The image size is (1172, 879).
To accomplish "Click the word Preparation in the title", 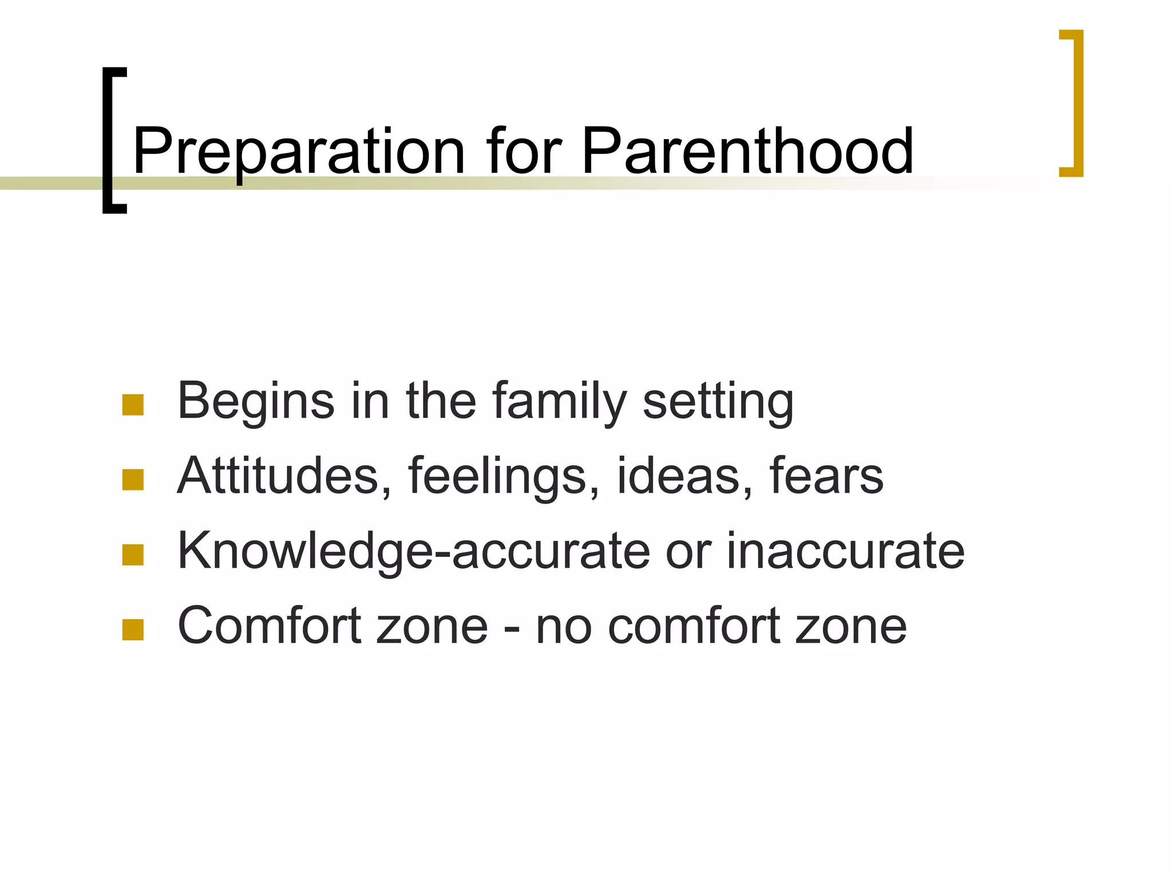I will (x=298, y=152).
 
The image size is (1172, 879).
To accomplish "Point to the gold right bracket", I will (x=1078, y=103).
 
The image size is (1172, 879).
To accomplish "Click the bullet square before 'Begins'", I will (x=133, y=405).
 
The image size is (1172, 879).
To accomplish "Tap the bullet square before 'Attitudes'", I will (x=133, y=480).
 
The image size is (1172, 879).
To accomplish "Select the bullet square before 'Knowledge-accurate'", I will (x=133, y=555).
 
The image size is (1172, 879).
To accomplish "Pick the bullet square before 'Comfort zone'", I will (x=133, y=629).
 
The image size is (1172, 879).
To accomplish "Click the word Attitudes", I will (x=278, y=476).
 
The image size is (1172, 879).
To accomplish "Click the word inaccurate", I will (x=845, y=551).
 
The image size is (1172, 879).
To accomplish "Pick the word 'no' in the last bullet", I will (x=563, y=626).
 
